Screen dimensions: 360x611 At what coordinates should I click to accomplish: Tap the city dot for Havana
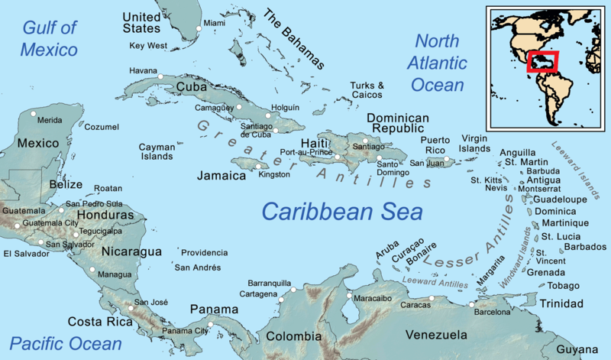coord(160,76)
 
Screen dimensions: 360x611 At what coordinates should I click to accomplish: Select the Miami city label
coord(215,24)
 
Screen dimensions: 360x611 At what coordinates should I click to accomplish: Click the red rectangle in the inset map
coord(542,61)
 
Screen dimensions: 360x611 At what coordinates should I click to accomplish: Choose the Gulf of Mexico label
coord(50,40)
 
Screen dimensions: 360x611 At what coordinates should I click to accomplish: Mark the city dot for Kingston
coord(257,166)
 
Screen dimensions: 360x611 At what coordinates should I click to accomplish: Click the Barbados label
coord(586,247)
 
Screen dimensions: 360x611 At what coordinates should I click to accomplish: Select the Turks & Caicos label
coord(367,90)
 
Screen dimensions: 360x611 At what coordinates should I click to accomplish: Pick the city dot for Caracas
coord(431,298)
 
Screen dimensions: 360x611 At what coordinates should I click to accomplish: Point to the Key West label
coord(147,46)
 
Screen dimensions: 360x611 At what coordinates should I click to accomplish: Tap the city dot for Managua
coord(92,270)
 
